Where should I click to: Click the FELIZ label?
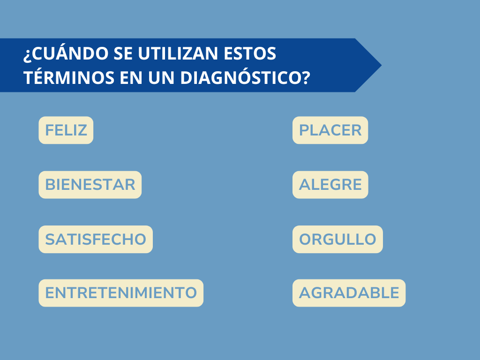pyautogui.click(x=66, y=130)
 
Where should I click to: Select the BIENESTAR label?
pyautogui.click(x=90, y=185)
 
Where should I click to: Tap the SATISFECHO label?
pyautogui.click(x=96, y=239)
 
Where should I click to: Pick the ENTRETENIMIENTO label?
pyautogui.click(x=121, y=292)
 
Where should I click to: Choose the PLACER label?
pyautogui.click(x=330, y=130)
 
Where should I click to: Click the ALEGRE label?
pyautogui.click(x=330, y=185)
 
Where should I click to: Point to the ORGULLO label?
pyautogui.click(x=337, y=239)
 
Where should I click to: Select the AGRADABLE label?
pyautogui.click(x=349, y=292)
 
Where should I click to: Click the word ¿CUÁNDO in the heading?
pyautogui.click(x=66, y=53)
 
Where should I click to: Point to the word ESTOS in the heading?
pyautogui.click(x=250, y=53)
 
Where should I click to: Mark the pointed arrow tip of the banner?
pyautogui.click(x=382, y=65)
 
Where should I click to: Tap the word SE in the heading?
pyautogui.click(x=123, y=53)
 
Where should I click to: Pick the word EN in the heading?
pyautogui.click(x=131, y=77)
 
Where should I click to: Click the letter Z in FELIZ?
pyautogui.click(x=82, y=130)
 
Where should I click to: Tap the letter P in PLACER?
pyautogui.click(x=303, y=130)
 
